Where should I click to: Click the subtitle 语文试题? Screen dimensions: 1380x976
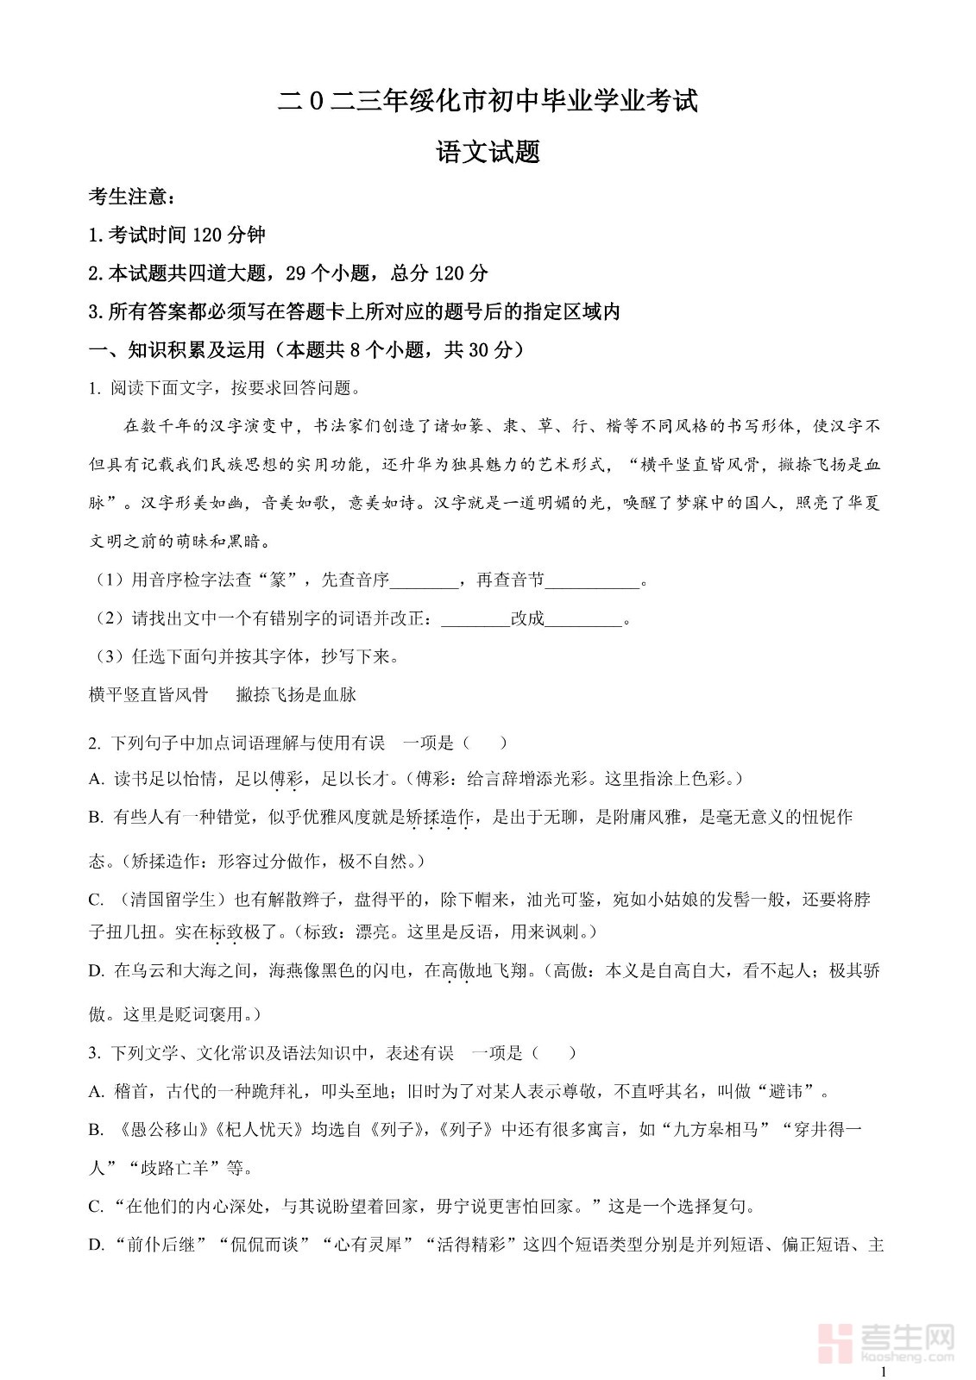click(488, 153)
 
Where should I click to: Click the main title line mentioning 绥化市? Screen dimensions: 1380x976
click(488, 102)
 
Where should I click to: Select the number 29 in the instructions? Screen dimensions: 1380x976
click(295, 273)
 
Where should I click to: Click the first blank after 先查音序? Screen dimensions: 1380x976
click(425, 580)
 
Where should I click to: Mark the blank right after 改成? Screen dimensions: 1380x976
click(583, 619)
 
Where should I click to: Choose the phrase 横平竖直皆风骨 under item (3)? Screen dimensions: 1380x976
click(148, 694)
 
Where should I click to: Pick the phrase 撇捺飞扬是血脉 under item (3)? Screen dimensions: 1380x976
click(296, 694)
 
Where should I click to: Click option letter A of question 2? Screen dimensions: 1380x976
click(96, 779)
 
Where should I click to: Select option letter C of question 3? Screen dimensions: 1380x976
click(96, 1207)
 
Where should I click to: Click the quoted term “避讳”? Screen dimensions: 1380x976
click(790, 1092)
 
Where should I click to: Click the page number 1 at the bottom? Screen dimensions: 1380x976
click(882, 1371)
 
